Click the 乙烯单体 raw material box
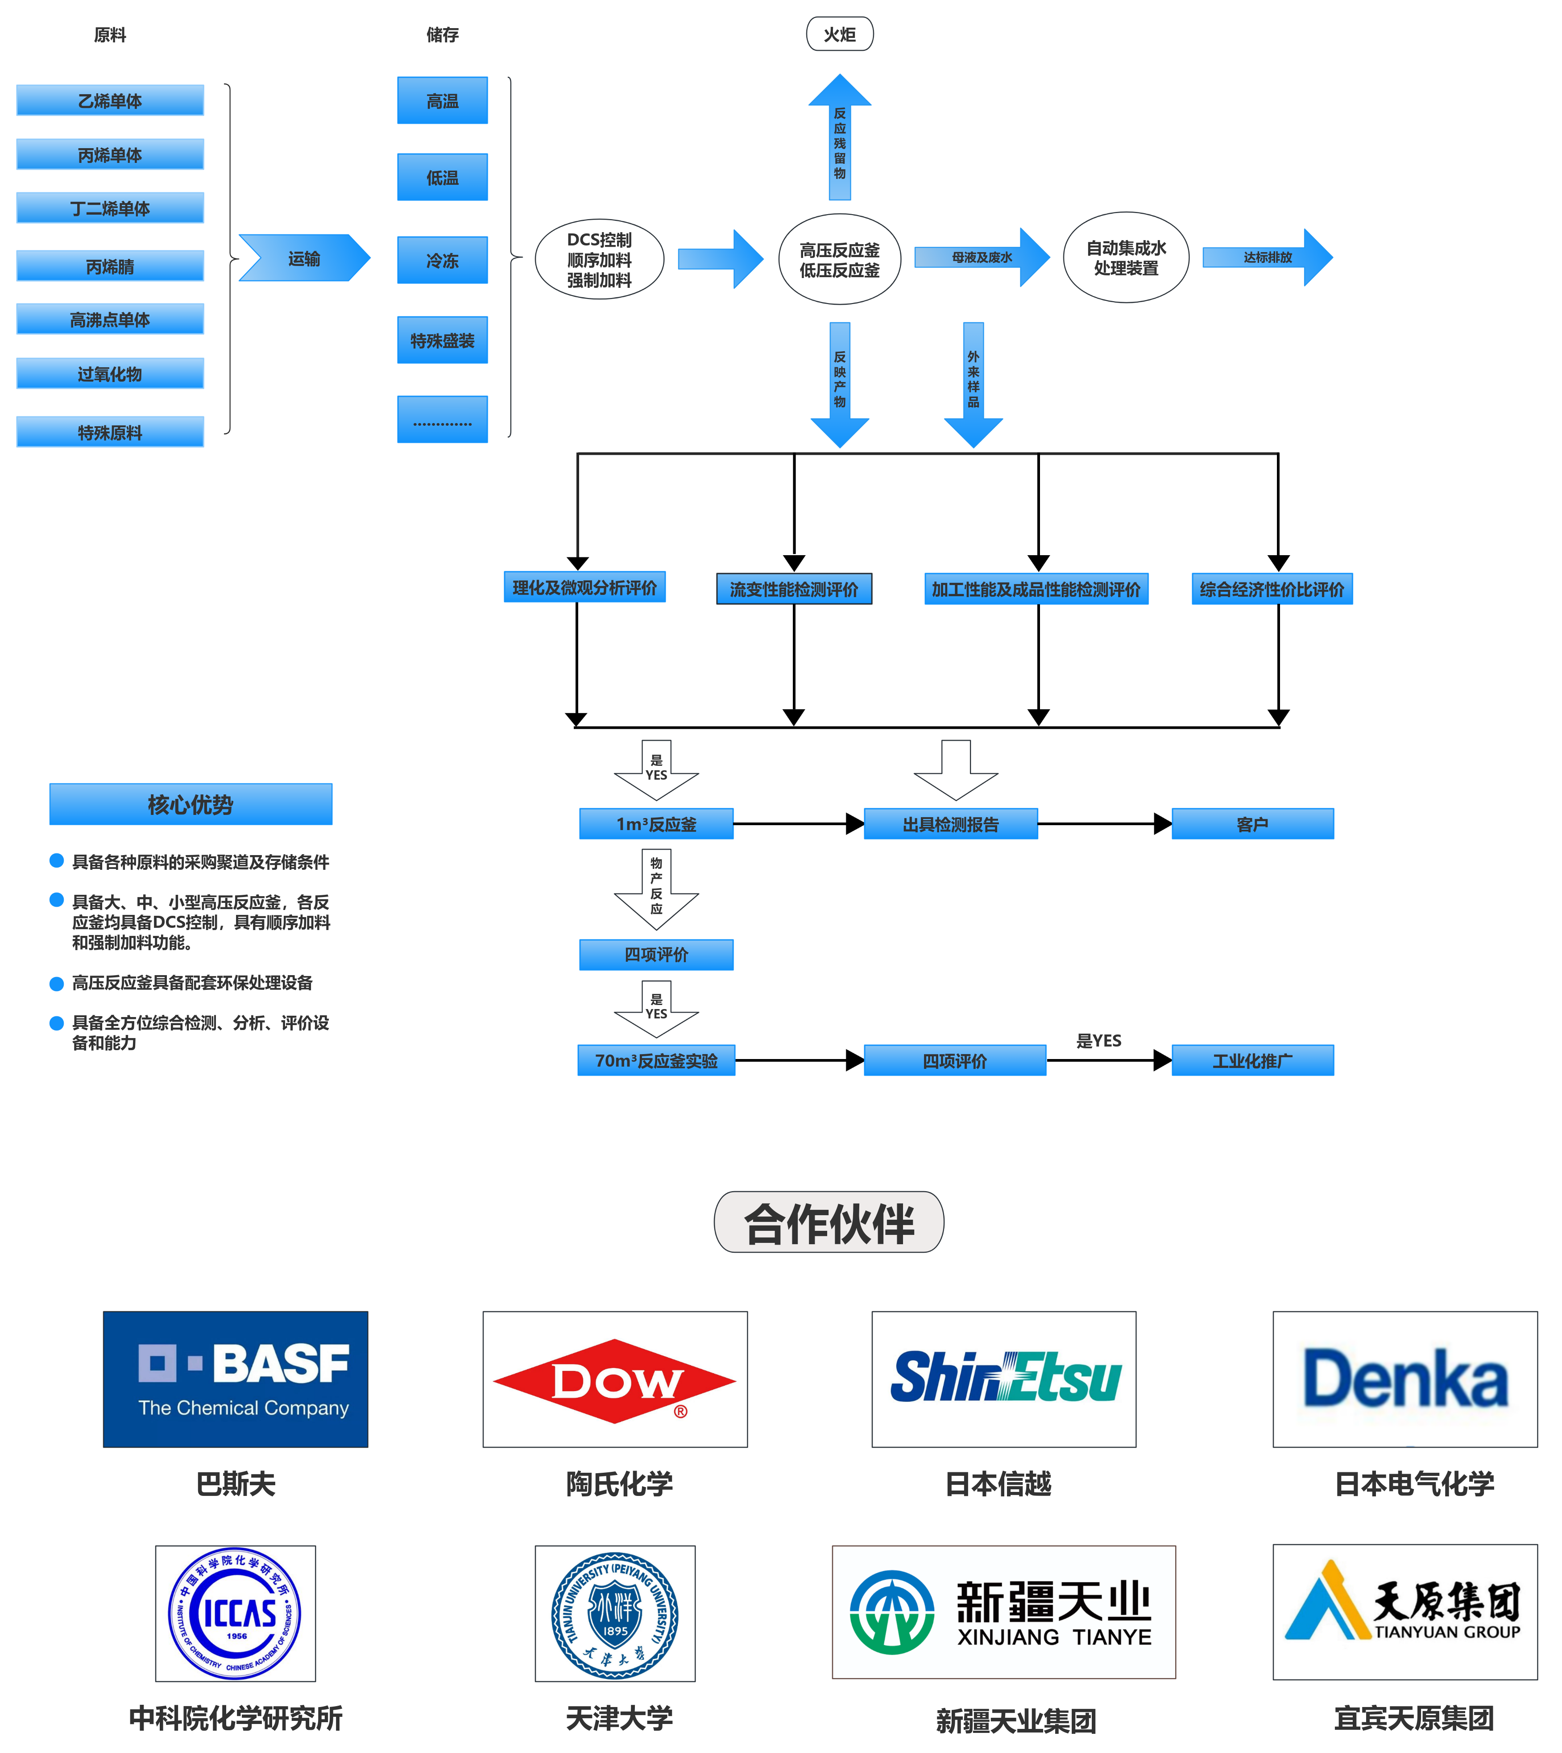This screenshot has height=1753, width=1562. click(x=110, y=100)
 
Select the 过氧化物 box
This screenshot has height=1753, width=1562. click(x=110, y=374)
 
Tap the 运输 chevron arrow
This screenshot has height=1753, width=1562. click(x=304, y=258)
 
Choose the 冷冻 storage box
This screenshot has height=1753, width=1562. click(x=442, y=260)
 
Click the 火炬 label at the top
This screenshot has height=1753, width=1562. click(x=839, y=34)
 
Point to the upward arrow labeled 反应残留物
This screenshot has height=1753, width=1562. click(x=839, y=137)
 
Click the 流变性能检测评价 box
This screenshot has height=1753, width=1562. click(x=794, y=589)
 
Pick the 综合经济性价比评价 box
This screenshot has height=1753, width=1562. click(x=1272, y=589)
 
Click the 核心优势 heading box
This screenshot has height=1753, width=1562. click(x=191, y=804)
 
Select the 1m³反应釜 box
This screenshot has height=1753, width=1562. click(x=657, y=824)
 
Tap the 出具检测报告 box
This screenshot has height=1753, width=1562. click(x=951, y=824)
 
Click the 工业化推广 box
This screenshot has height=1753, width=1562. click(x=1252, y=1060)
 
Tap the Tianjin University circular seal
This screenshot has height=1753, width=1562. click(x=614, y=1614)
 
